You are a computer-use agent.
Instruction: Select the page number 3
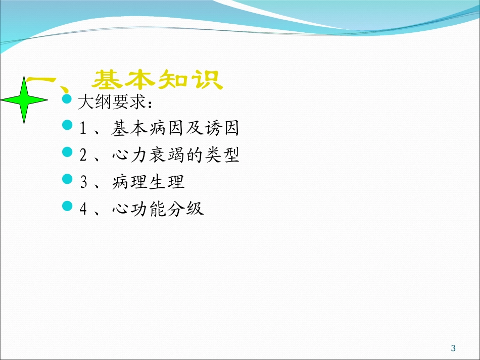453,348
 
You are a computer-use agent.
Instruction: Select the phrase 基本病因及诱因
175,129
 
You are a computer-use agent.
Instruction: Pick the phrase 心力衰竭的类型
175,155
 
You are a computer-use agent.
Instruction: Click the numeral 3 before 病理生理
83,182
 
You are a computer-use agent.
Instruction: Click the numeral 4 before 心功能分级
83,209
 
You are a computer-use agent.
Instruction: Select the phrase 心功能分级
157,209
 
